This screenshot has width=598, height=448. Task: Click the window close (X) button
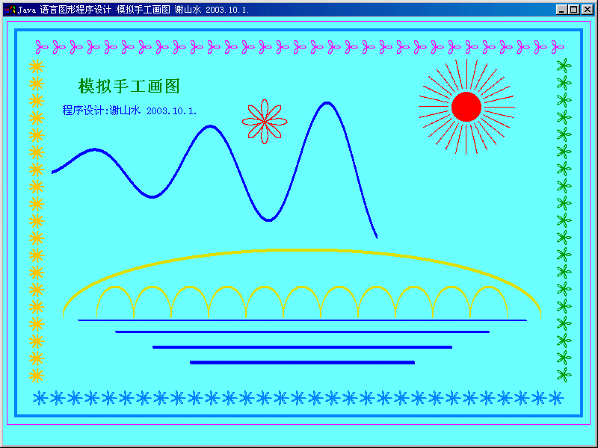[587, 10]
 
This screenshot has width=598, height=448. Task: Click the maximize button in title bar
[574, 10]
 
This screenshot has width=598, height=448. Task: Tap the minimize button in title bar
[562, 10]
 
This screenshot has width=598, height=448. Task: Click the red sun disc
[466, 107]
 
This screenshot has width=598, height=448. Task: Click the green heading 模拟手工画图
[129, 87]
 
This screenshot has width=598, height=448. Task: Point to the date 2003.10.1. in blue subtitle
[172, 111]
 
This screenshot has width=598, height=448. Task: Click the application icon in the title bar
[10, 10]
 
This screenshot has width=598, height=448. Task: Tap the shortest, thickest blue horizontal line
[302, 362]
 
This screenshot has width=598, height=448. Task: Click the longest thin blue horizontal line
[302, 320]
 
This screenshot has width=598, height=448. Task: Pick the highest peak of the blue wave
[327, 102]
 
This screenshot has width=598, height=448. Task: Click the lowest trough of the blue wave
[269, 220]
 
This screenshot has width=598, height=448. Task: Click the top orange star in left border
[37, 66]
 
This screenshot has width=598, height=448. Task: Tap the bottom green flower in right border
[564, 375]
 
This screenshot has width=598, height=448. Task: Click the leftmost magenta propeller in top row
[42, 47]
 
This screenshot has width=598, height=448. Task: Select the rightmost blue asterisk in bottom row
[556, 398]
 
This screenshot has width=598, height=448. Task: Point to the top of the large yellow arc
[302, 250]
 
